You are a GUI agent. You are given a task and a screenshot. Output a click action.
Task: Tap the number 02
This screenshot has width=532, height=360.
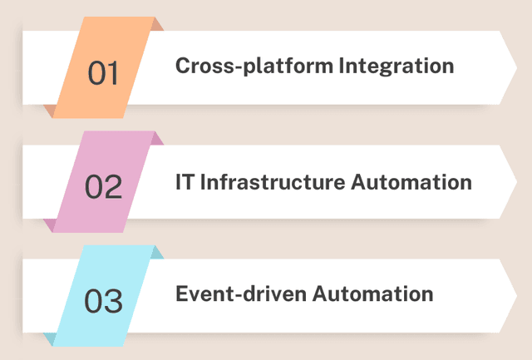coord(104,186)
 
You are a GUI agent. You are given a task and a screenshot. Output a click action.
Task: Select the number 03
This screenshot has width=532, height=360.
coord(104,300)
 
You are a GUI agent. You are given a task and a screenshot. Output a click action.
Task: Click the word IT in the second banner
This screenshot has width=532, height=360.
coord(185,180)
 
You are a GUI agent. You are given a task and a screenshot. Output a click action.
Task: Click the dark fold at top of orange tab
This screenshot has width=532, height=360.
coord(157,25)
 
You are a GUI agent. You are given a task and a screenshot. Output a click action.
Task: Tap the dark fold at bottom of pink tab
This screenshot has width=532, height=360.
coord(50,224)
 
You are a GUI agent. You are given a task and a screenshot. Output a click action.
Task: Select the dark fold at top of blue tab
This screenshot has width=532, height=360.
coord(157,253)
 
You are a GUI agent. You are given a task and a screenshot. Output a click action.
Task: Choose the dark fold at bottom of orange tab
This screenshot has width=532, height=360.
coord(50,111)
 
